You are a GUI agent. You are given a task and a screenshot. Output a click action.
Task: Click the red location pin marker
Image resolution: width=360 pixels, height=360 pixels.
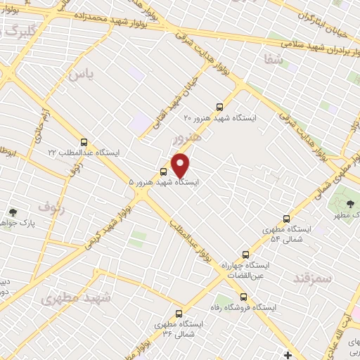tap(181, 165)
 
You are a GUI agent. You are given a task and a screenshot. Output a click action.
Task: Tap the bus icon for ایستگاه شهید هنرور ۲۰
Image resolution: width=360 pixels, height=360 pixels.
tap(220, 107)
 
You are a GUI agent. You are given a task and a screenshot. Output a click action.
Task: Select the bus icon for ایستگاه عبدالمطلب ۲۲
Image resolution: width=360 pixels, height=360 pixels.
tap(84, 142)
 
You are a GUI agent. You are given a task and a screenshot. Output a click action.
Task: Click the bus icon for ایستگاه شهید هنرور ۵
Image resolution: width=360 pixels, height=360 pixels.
tap(164, 171)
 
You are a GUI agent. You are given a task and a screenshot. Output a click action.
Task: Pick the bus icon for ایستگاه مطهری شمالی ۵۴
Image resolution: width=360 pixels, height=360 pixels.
tap(285, 219)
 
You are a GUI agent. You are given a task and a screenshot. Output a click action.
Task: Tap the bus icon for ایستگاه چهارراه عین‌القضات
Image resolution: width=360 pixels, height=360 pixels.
tap(245, 254)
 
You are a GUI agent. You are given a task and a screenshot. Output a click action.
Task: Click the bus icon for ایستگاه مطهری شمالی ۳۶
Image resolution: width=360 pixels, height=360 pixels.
tap(179, 314)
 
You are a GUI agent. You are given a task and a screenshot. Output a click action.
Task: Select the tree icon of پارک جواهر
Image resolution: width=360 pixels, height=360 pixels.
tap(13, 212)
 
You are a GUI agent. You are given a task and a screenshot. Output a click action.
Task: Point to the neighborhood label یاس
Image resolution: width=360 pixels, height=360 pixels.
tap(81, 72)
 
